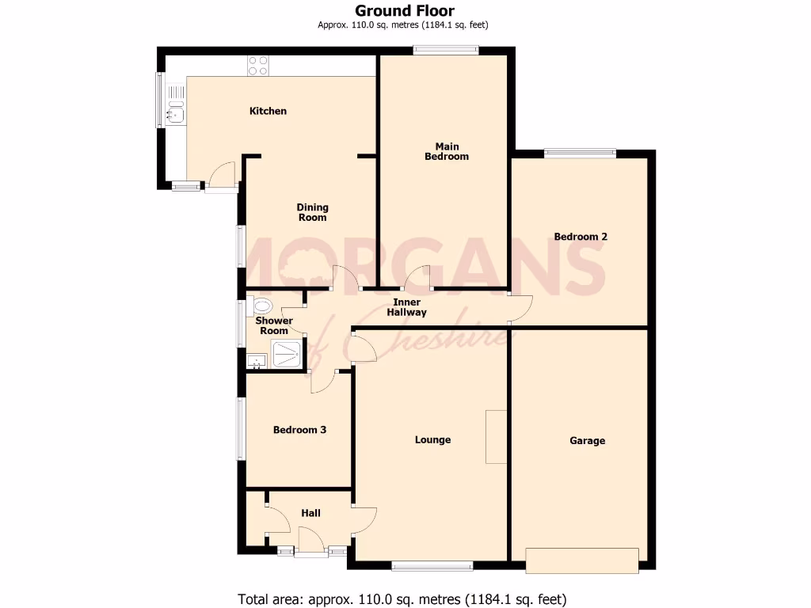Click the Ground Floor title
(404, 11)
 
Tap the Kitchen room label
(268, 111)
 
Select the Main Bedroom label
(447, 151)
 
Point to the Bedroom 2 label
(581, 237)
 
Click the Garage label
(587, 441)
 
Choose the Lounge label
(432, 440)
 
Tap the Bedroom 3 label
(299, 430)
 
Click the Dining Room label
(312, 212)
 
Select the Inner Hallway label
(406, 307)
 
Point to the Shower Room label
(274, 325)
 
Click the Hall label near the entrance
(310, 513)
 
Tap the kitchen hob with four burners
(257, 66)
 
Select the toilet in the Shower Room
(261, 306)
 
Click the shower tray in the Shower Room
(286, 354)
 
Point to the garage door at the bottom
(581, 560)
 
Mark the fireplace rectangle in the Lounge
(496, 436)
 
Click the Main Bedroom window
(446, 51)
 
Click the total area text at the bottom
(402, 598)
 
